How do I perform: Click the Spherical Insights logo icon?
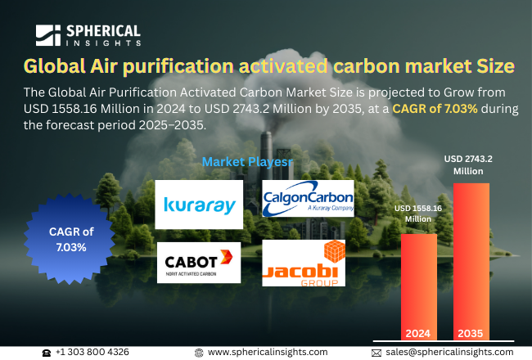[x=47, y=34]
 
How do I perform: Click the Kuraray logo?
[x=199, y=205]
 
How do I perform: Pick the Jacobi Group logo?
[x=304, y=263]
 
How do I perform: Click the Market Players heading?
[x=246, y=162]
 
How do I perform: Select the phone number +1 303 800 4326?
[x=92, y=352]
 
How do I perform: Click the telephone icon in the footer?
[x=47, y=352]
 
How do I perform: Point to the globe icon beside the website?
[x=199, y=352]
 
